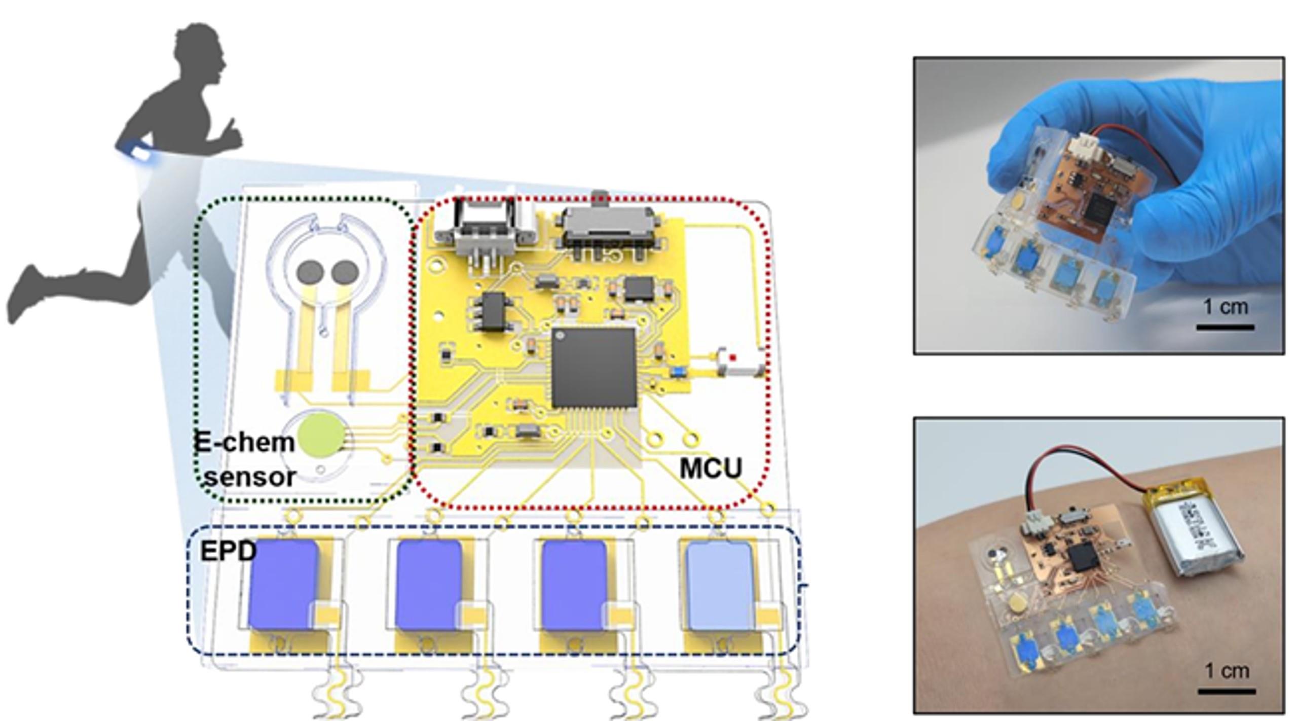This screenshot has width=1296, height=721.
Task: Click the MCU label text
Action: pos(710,468)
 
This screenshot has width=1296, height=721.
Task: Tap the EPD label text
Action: pos(228,552)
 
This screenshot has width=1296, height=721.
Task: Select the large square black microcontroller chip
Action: pos(594,368)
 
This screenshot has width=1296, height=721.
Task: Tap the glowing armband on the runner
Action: pos(140,153)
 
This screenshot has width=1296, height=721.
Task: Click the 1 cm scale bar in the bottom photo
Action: pos(1226,691)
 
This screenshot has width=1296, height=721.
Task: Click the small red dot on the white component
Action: pos(732,358)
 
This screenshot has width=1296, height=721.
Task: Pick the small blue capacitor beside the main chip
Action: pos(677,372)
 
